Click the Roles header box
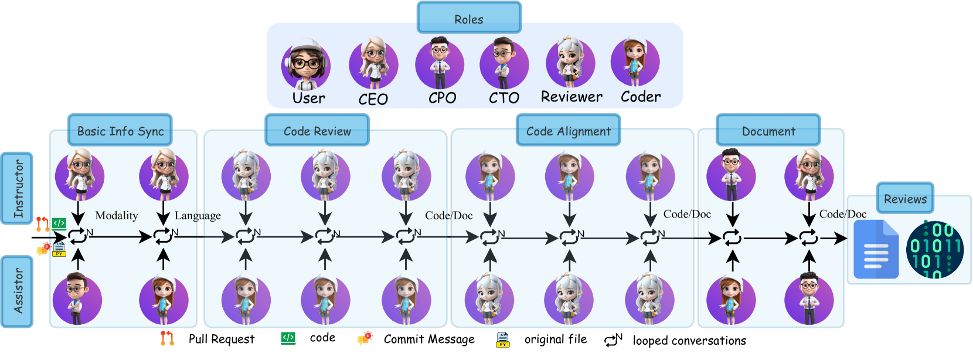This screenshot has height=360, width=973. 469,18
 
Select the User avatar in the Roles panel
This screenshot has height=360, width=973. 306,65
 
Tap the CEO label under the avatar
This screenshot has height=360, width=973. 373,99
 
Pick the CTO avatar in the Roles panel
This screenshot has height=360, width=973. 503,64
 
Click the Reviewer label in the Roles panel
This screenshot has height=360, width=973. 571,97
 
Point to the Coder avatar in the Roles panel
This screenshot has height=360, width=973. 635,62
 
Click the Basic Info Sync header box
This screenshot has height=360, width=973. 120,130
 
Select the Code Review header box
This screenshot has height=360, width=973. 317,130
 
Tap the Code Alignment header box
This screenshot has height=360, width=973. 568,130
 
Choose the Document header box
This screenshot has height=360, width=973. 768,130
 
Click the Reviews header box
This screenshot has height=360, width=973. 905,198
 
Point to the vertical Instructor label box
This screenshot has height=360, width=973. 17,189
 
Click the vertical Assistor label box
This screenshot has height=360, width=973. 17,291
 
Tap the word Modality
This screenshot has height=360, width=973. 117,216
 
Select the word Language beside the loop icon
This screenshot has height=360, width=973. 198,216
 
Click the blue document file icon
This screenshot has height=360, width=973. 876,250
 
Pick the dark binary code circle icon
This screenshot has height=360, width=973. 934,250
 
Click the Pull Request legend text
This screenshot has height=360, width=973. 222,339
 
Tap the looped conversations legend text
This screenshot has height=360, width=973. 689,341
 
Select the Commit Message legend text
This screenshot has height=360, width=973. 429,339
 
